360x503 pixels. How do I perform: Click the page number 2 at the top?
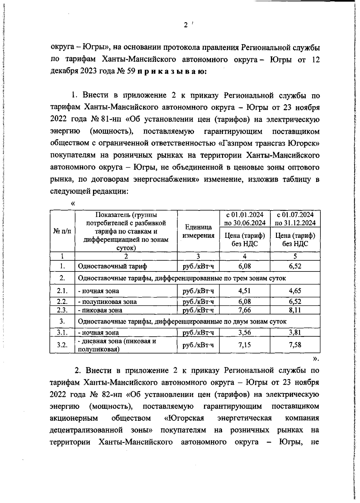tap(185, 25)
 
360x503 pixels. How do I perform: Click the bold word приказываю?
tap(172, 72)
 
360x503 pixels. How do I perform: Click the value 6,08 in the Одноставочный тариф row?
tap(244, 266)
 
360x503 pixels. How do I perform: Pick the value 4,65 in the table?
tap(295, 290)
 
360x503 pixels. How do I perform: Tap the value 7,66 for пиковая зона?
tap(244, 310)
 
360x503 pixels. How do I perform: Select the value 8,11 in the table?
tap(295, 310)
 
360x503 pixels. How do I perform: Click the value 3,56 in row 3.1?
tap(244, 332)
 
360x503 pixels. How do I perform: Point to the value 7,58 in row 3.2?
tap(295, 345)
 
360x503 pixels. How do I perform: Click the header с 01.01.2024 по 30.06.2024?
tap(245, 219)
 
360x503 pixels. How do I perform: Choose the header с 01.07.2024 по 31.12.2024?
tap(295, 219)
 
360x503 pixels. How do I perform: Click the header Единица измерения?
tap(198, 231)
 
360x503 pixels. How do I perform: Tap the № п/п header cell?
tap(62, 231)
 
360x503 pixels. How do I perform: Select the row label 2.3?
tap(62, 310)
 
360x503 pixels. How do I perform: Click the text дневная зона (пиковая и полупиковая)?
tap(117, 345)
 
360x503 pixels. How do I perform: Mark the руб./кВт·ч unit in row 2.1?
tap(198, 291)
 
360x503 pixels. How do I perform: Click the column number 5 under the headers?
tap(295, 256)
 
